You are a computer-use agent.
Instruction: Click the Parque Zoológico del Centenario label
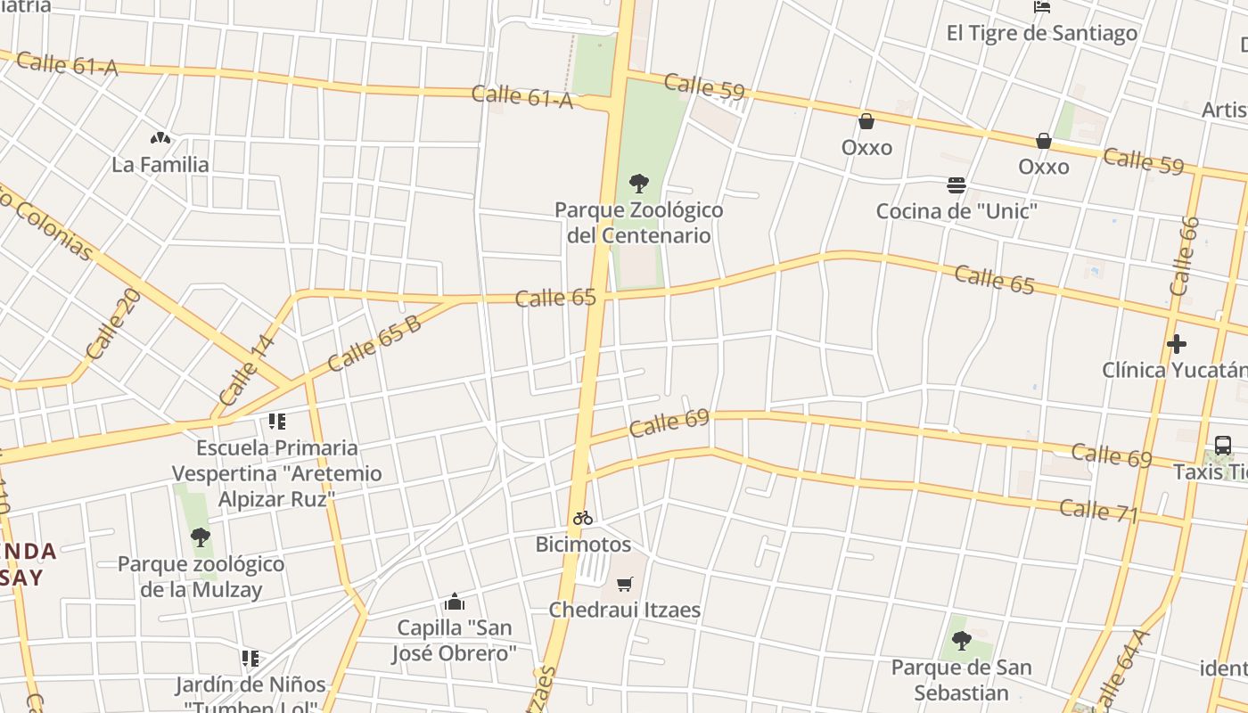(x=638, y=223)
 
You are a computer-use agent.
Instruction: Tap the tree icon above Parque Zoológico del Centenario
(x=638, y=184)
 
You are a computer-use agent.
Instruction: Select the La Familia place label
(x=160, y=164)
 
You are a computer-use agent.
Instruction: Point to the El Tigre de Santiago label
(x=1041, y=34)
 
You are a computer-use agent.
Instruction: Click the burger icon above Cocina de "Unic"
(x=957, y=185)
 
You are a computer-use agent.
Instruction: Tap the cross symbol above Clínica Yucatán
(x=1177, y=344)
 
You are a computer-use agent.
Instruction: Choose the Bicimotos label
(x=583, y=545)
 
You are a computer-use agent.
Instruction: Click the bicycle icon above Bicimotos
(x=583, y=518)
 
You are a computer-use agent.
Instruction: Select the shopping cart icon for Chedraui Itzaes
(x=625, y=585)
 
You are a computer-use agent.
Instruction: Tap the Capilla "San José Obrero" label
(x=455, y=640)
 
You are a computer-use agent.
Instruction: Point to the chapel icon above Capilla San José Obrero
(x=455, y=602)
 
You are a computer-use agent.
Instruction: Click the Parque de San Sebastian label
(x=961, y=680)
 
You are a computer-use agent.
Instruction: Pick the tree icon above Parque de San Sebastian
(x=961, y=640)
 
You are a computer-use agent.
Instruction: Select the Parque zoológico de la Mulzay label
(x=201, y=577)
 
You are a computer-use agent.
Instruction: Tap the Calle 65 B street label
(x=374, y=344)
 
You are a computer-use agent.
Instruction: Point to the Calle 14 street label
(x=246, y=369)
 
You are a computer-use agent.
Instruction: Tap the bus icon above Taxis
(x=1223, y=445)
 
